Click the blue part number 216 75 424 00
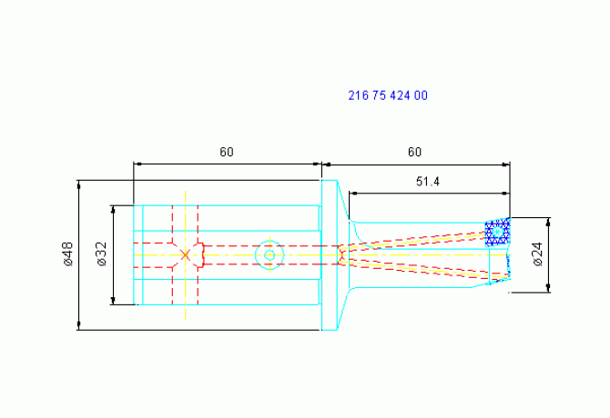(x=388, y=95)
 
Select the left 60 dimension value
(x=227, y=152)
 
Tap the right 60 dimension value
(x=414, y=152)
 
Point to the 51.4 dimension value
(x=428, y=181)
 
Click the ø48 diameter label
(x=67, y=254)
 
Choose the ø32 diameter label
(x=102, y=254)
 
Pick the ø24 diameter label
(x=538, y=254)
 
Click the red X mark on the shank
(x=185, y=255)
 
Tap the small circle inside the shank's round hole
(x=269, y=255)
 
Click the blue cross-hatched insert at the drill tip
(x=498, y=232)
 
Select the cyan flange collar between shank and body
(x=329, y=255)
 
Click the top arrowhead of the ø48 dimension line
(x=79, y=184)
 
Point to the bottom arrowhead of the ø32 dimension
(x=113, y=301)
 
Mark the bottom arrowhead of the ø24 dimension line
(x=548, y=288)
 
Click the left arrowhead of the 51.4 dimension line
(x=353, y=193)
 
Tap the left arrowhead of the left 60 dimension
(x=138, y=164)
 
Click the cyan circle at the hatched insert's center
(x=497, y=232)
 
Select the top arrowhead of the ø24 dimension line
(x=548, y=222)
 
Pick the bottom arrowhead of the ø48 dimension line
(x=79, y=325)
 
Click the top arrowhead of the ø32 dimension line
(x=113, y=210)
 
